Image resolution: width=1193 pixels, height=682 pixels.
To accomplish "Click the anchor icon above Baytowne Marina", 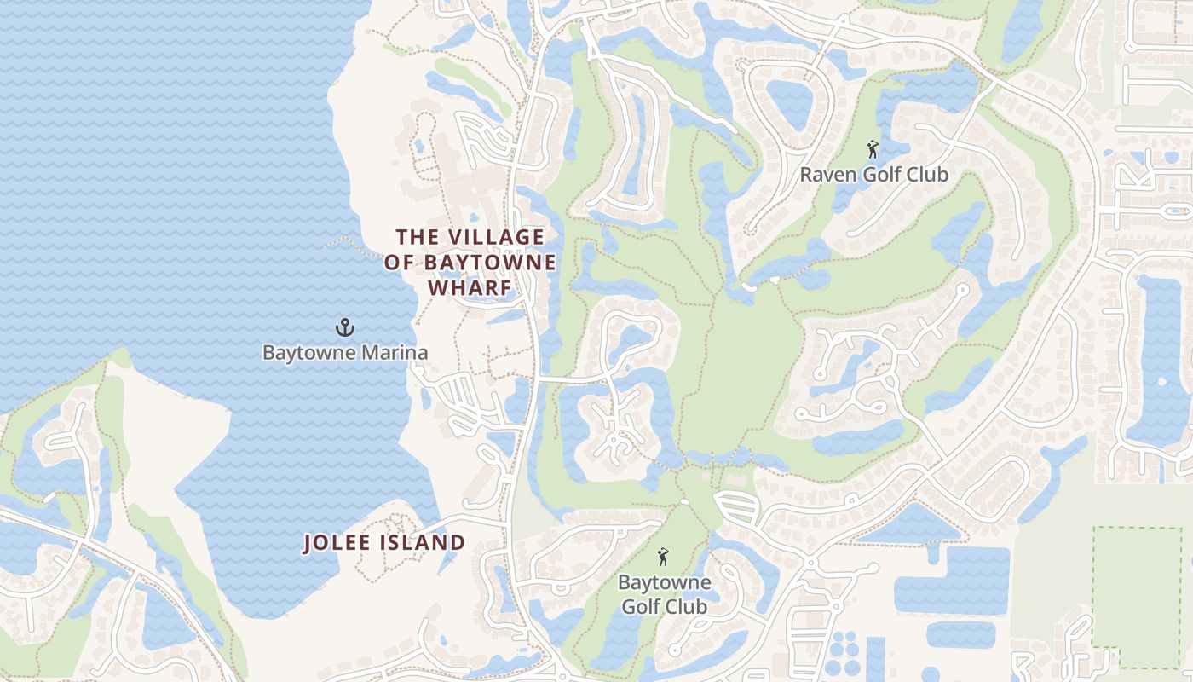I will click(x=345, y=327).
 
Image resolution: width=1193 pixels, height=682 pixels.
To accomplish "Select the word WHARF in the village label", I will click(x=470, y=288).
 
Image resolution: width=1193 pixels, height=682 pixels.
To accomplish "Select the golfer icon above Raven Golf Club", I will click(x=873, y=151).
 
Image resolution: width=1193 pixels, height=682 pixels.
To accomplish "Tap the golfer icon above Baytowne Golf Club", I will click(x=663, y=558).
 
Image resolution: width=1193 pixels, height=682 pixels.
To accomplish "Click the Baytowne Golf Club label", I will click(x=664, y=595).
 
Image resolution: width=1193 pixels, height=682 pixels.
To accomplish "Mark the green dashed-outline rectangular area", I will click(x=1137, y=597).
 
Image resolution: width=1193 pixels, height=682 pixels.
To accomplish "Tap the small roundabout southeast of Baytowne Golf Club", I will click(x=810, y=564).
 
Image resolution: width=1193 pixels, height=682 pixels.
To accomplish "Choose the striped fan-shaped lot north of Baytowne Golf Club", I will click(x=736, y=507).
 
